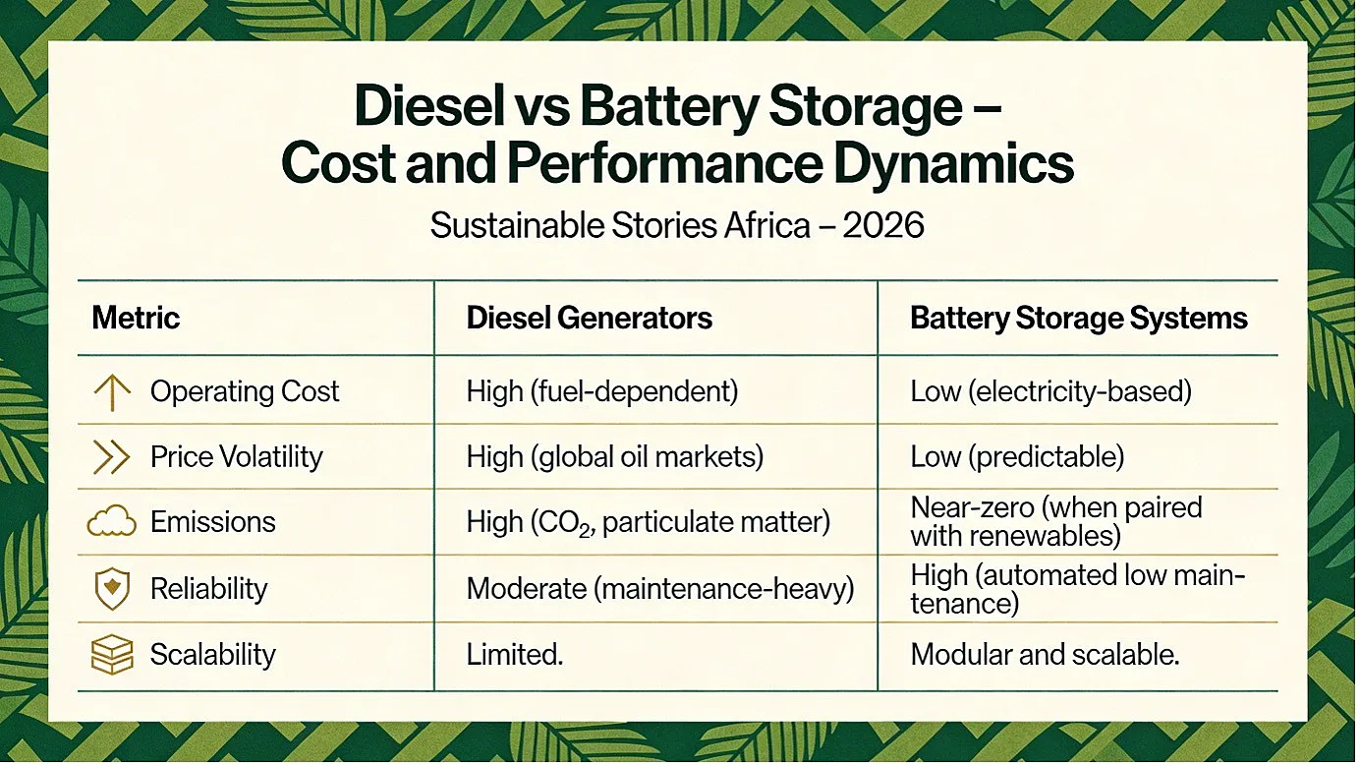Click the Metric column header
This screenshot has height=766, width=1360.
pyautogui.click(x=136, y=318)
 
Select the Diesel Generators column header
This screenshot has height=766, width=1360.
pyautogui.click(x=589, y=318)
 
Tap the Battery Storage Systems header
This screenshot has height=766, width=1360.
pyautogui.click(x=1078, y=319)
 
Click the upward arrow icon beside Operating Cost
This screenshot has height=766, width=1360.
pyautogui.click(x=112, y=392)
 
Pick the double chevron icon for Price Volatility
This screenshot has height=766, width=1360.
pyautogui.click(x=112, y=457)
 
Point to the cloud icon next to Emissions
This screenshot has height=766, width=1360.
pyautogui.click(x=112, y=521)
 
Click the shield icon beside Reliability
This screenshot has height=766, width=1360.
pyautogui.click(x=112, y=589)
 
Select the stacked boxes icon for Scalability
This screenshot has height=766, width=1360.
pyautogui.click(x=112, y=655)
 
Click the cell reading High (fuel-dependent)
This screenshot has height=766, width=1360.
pyautogui.click(x=601, y=391)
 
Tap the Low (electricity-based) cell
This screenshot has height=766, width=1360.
pyautogui.click(x=1050, y=391)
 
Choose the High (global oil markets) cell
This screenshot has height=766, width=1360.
pyautogui.click(x=614, y=457)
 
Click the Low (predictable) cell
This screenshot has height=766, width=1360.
pyautogui.click(x=1017, y=457)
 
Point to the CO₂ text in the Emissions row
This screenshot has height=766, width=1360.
pyautogui.click(x=567, y=523)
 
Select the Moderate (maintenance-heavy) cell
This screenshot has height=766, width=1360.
pyautogui.click(x=660, y=589)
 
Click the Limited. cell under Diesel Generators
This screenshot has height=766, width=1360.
pyautogui.click(x=515, y=655)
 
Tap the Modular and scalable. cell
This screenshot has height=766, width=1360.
pyautogui.click(x=1045, y=655)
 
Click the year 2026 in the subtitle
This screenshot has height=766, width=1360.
pyautogui.click(x=882, y=225)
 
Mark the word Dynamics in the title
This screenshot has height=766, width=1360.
pyautogui.click(x=954, y=163)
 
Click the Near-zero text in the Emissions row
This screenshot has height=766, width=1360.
pyautogui.click(x=972, y=507)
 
